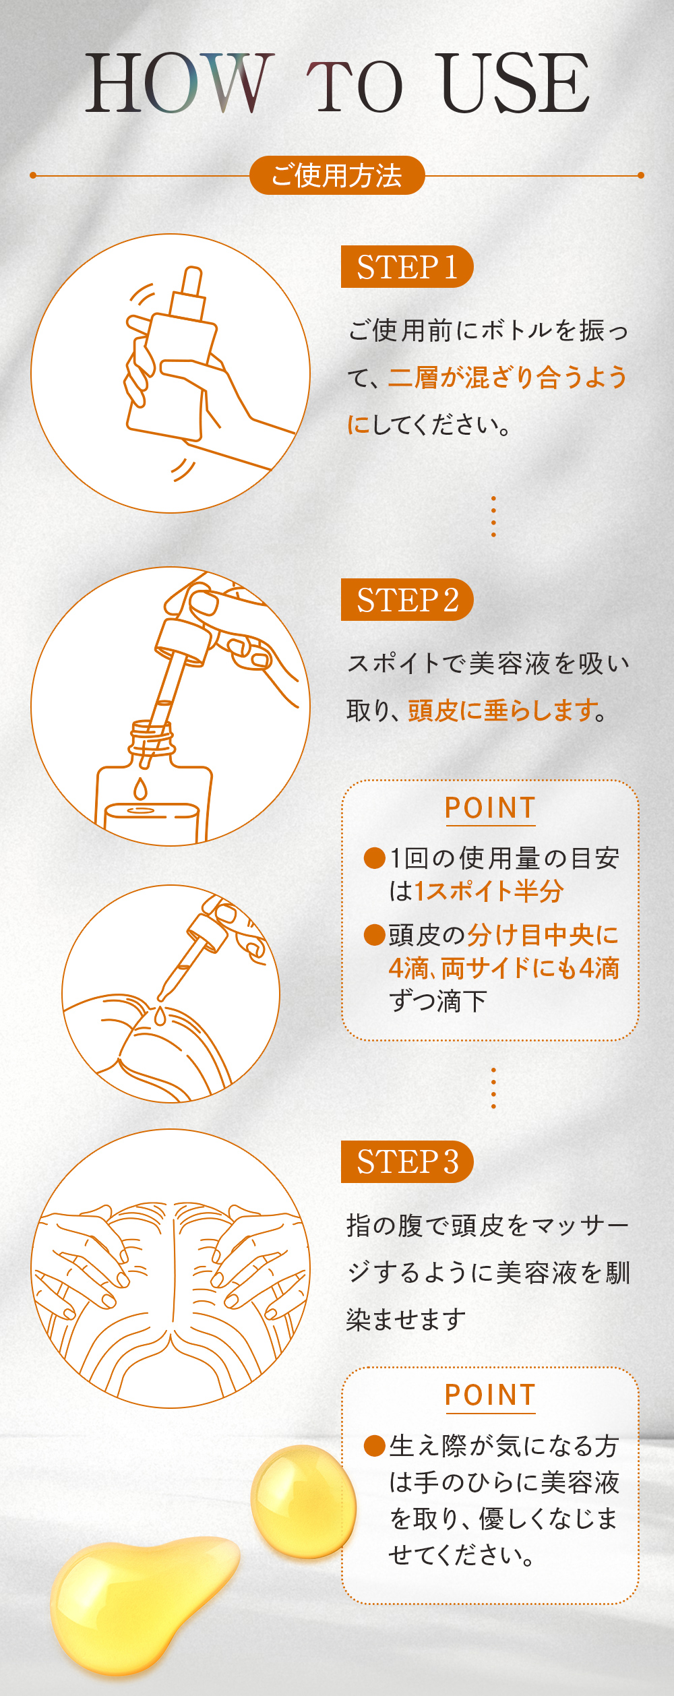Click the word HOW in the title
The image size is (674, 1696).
point(179,83)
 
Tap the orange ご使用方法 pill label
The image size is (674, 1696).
point(337,175)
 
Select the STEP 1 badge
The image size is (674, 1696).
point(407,267)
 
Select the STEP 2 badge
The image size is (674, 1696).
point(407,599)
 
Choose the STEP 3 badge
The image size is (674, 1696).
point(407,1161)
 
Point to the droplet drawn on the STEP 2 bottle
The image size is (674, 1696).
point(140,789)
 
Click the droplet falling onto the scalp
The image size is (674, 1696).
point(160,1016)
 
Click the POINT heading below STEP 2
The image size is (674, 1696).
point(490,808)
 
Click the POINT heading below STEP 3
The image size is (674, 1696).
point(490,1395)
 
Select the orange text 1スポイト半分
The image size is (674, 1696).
point(489,891)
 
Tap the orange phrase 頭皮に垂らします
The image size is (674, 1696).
point(501,710)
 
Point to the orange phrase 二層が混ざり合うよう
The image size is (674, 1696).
point(508,377)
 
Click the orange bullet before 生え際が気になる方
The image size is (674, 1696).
point(374,1446)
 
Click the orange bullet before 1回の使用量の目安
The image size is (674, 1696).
point(374,858)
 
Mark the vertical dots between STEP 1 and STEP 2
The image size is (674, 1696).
point(494,516)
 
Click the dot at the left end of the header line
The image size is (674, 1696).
point(33,175)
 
